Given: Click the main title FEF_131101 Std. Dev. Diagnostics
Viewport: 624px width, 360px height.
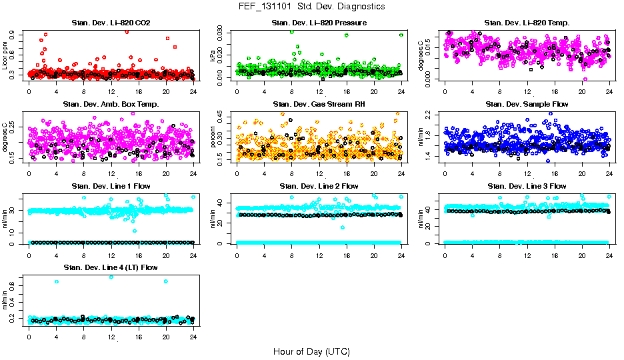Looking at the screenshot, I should (x=311, y=7).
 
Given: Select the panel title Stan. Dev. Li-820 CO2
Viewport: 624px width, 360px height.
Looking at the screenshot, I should (x=111, y=23).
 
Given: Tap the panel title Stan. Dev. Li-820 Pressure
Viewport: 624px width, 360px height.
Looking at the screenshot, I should (x=319, y=23).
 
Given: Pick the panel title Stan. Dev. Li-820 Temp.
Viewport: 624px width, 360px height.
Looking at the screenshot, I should (x=527, y=23).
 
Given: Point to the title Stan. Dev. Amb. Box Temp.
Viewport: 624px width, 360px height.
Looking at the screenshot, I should (x=111, y=105).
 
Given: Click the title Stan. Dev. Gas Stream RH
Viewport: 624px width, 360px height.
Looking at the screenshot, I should (x=319, y=105).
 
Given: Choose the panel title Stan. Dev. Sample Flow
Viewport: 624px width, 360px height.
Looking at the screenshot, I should (x=527, y=105).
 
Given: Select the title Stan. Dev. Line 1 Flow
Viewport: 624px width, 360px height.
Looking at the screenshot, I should (x=111, y=186).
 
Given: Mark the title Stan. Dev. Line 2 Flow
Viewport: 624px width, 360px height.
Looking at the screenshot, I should (x=319, y=186).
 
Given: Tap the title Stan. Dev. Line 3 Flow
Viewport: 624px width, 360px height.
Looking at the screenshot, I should (x=527, y=186).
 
